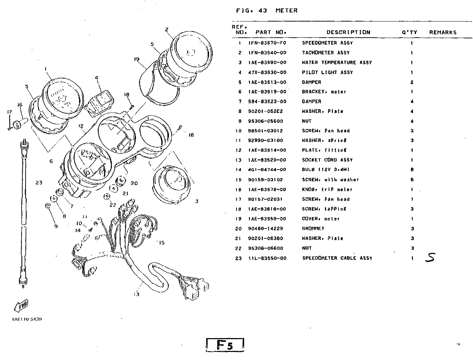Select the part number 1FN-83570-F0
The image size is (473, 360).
pos(267,43)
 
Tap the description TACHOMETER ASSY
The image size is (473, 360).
pos(326,53)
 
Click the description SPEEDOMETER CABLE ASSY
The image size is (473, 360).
pos(337,258)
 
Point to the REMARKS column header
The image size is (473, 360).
pos(443,33)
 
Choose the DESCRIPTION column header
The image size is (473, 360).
pos(348,33)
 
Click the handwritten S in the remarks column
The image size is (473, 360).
pos(430,258)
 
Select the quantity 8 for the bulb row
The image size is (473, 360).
pos(412,170)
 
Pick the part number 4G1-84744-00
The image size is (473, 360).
pos(267,170)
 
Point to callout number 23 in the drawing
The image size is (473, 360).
pos(39,183)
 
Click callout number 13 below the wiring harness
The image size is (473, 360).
pos(136,295)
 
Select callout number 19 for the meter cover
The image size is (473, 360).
pos(137,59)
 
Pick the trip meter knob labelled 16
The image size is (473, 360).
pos(19,123)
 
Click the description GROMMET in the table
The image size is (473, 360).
pos(313,229)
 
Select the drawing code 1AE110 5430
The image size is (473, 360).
pos(27,319)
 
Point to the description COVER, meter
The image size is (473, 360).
pos(321,219)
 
